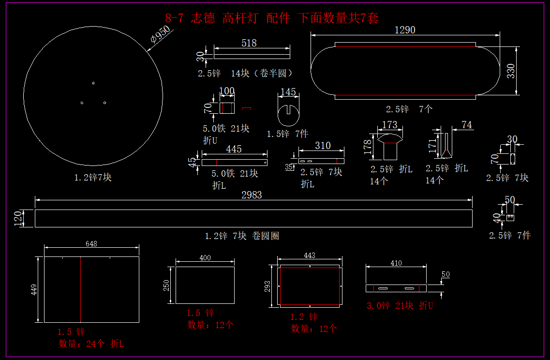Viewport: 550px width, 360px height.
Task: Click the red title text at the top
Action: [271, 18]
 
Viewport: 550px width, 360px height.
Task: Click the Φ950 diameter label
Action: [161, 36]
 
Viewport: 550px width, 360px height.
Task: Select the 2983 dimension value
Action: [252, 195]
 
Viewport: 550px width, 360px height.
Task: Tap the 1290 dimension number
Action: [405, 30]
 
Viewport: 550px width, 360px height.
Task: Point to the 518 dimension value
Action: [249, 43]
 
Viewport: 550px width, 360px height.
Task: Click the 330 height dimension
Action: [510, 71]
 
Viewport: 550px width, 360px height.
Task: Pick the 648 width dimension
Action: [91, 244]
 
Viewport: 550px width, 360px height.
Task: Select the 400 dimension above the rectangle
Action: [205, 258]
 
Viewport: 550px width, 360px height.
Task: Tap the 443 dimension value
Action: [310, 255]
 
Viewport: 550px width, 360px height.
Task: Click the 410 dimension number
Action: [396, 263]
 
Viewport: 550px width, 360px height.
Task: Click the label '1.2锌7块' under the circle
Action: [93, 178]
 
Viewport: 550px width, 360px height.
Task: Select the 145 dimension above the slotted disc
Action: [288, 92]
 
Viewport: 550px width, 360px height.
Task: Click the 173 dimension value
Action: [389, 125]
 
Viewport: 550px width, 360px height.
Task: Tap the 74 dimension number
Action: [466, 125]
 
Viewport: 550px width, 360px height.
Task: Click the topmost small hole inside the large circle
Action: [93, 83]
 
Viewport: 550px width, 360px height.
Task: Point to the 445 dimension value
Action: [234, 149]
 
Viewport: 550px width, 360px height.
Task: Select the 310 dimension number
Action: [323, 146]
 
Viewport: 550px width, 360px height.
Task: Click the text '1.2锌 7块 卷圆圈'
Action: [242, 236]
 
